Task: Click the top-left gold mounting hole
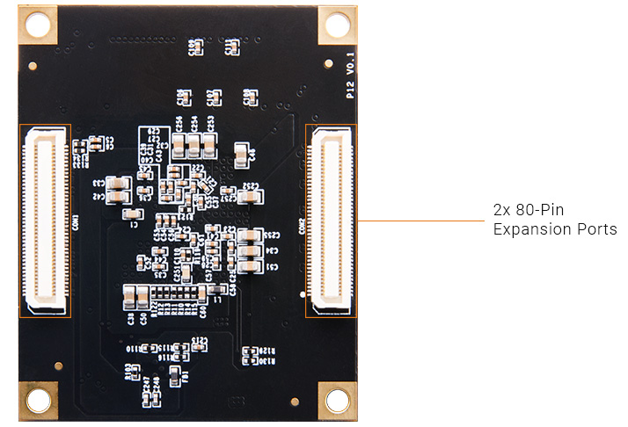pyautogui.click(x=40, y=25)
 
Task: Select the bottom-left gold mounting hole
pyautogui.click(x=40, y=402)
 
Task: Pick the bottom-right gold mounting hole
pyautogui.click(x=338, y=402)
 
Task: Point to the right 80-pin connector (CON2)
pyautogui.click(x=331, y=220)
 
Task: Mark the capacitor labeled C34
pyautogui.click(x=251, y=250)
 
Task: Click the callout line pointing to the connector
pyautogui.click(x=422, y=220)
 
